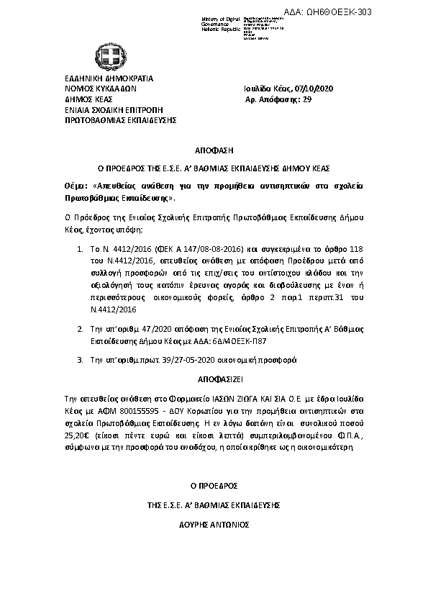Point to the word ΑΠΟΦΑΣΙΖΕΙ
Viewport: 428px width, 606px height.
tap(214, 378)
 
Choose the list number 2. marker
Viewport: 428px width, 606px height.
tap(80, 328)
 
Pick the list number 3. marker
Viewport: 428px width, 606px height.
tap(80, 358)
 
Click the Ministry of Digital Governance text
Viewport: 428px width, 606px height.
tap(220, 22)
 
